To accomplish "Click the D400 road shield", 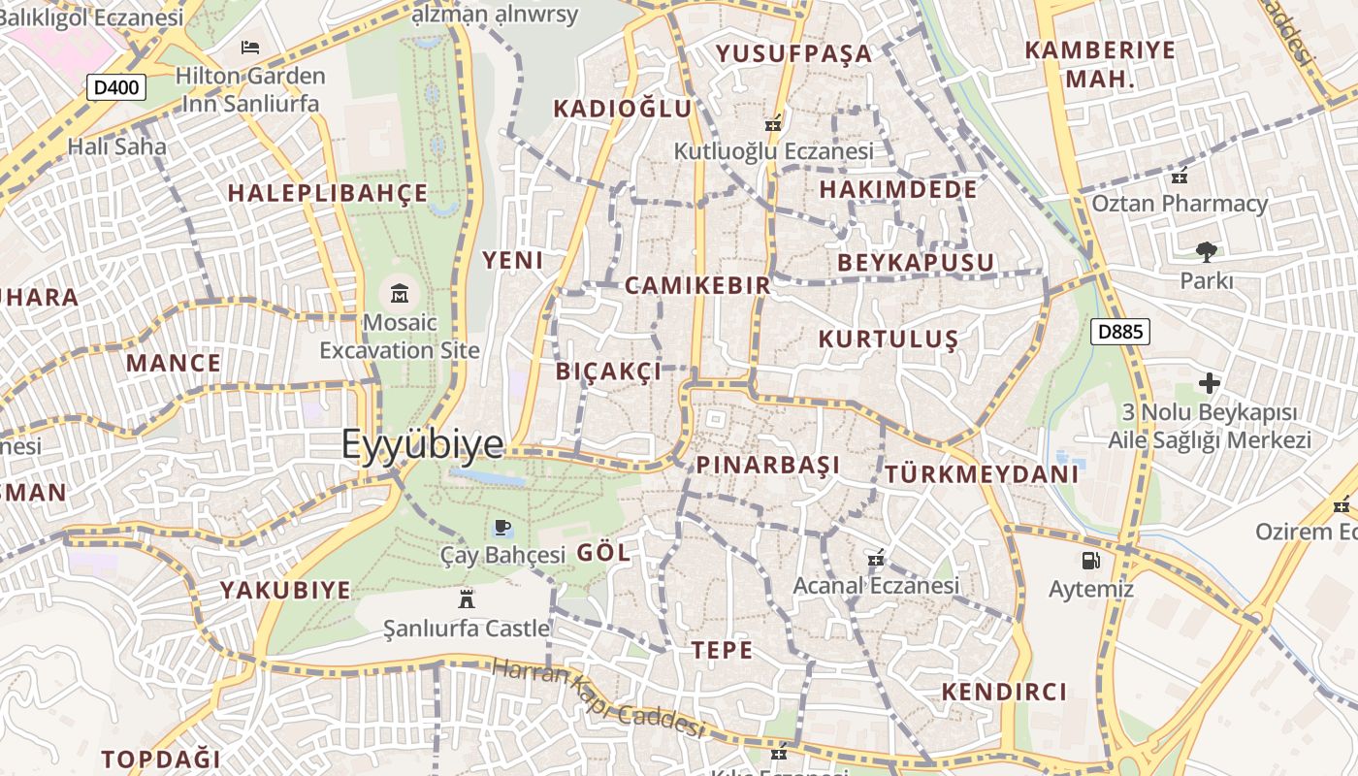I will click(116, 88).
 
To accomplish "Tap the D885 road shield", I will click(1120, 332).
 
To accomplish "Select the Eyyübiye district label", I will click(422, 444).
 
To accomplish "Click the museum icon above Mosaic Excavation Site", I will click(400, 293).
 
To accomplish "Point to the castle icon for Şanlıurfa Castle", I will click(467, 597).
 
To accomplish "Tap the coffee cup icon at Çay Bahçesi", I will click(501, 527).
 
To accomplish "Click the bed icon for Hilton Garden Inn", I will click(250, 47).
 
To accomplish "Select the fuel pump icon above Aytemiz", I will click(1090, 560).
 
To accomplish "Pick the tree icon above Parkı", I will click(1206, 252).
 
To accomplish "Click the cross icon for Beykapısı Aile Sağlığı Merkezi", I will click(1209, 383).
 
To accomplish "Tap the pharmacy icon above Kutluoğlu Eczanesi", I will click(773, 123).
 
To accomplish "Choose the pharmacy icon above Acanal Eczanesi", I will click(876, 558).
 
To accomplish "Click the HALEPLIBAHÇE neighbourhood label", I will click(327, 192).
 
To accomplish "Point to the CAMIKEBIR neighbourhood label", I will click(697, 285).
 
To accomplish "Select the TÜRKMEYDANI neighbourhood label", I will click(981, 474).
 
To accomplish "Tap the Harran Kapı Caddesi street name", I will click(596, 697).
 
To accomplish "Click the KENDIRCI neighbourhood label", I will click(1004, 692).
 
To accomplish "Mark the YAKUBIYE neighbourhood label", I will click(284, 590).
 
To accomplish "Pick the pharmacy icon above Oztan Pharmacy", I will click(1180, 177).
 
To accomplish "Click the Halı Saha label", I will click(116, 146).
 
